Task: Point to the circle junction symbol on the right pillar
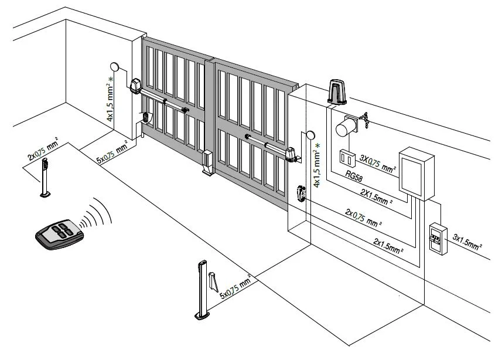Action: point(309,136)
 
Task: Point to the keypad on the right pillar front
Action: point(300,193)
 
